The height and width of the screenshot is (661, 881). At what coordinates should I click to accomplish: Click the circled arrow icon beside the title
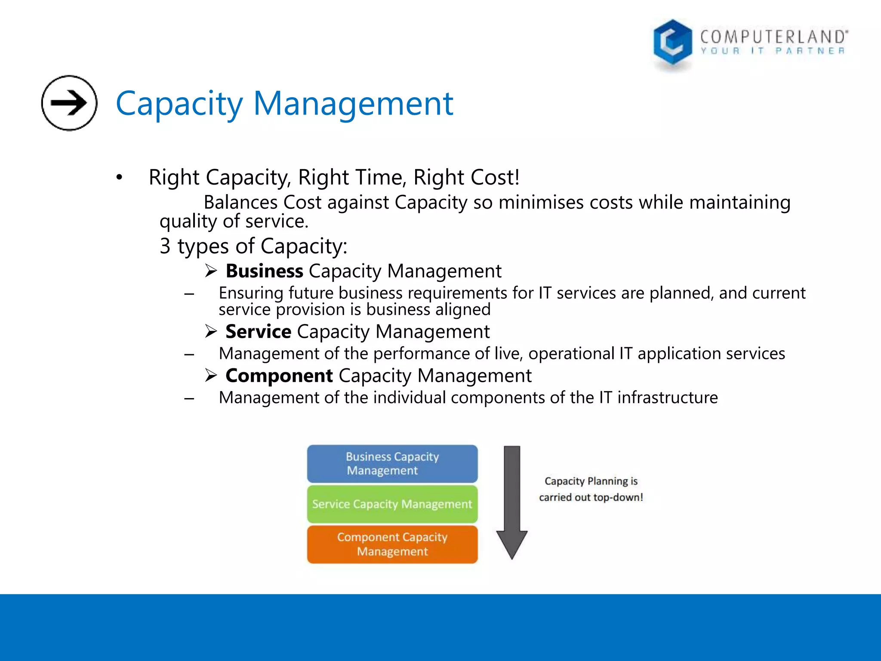[69, 103]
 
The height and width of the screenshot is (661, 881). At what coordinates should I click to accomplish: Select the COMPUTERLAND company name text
[773, 37]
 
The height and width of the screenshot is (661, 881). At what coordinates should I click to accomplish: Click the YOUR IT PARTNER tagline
[773, 51]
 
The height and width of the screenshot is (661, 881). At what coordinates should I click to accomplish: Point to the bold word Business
[265, 271]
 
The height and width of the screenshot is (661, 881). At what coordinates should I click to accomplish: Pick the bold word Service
[259, 332]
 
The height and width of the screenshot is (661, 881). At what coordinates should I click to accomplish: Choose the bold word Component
[279, 376]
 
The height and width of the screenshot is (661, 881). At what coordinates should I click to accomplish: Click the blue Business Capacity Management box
[392, 463]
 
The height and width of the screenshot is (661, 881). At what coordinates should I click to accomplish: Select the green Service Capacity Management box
[392, 504]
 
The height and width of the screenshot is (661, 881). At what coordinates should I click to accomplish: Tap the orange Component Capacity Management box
[392, 544]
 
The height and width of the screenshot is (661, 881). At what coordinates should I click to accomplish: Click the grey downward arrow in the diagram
[512, 501]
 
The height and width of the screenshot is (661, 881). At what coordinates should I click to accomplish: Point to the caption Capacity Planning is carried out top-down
[591, 489]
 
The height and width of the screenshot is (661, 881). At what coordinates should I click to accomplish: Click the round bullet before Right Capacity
[120, 177]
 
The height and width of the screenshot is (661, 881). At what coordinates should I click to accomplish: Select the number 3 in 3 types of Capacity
[165, 246]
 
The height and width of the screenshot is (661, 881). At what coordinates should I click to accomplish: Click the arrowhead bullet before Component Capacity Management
[211, 376]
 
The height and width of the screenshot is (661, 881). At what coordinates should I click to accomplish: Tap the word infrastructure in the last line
[668, 398]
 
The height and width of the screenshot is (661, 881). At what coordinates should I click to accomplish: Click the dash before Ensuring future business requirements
[189, 294]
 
